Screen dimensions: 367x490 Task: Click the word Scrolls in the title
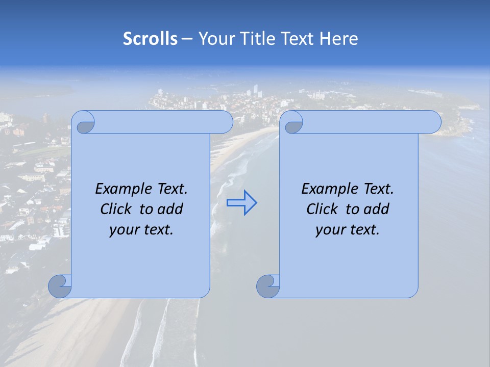pyautogui.click(x=150, y=39)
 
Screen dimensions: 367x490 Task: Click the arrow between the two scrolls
pyautogui.click(x=241, y=203)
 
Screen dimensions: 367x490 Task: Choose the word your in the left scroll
pyautogui.click(x=123, y=230)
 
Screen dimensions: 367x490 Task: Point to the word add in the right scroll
pyautogui.click(x=377, y=209)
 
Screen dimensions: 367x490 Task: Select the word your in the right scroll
pyautogui.click(x=329, y=230)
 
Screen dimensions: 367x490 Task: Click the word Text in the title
pyautogui.click(x=297, y=39)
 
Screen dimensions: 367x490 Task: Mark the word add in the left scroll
pyautogui.click(x=171, y=209)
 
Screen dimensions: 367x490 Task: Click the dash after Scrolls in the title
pyautogui.click(x=187, y=39)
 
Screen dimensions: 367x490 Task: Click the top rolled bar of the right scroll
pyautogui.click(x=367, y=122)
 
